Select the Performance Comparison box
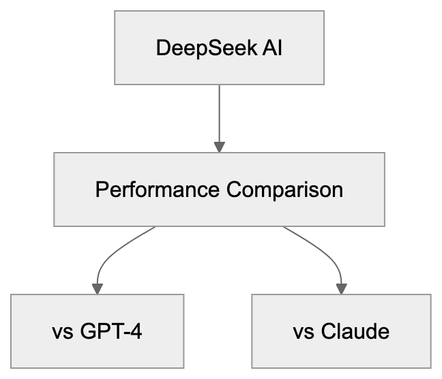pos(219,189)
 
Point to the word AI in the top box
pos(271,50)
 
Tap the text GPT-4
pos(113,332)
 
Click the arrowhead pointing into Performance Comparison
pos(219,147)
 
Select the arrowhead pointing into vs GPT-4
pos(98,288)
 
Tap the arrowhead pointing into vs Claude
pos(341,288)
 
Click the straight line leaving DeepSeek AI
pos(219,112)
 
